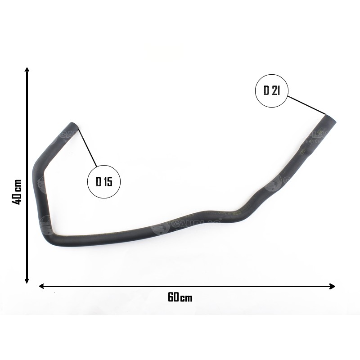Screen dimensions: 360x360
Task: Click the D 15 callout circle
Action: click(x=104, y=182)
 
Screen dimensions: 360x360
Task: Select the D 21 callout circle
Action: click(x=272, y=90)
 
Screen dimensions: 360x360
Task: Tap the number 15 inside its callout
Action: click(x=108, y=182)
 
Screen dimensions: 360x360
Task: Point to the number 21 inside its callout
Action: click(x=275, y=90)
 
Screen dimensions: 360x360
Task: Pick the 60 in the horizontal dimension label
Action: click(x=173, y=297)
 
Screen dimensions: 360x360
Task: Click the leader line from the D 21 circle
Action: click(x=307, y=105)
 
